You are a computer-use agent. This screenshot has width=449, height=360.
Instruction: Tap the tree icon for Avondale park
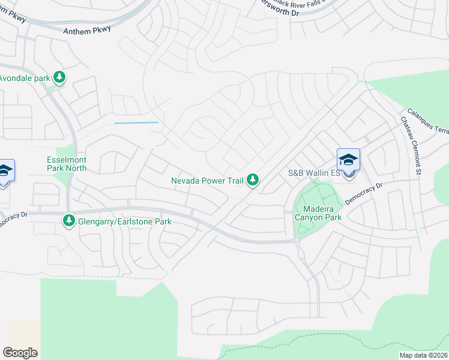coord(59,77)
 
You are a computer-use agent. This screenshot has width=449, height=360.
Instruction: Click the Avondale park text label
coord(25,78)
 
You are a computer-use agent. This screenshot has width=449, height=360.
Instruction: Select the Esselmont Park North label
coord(67,164)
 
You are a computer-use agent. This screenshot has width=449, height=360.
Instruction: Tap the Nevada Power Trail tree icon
coord(253,179)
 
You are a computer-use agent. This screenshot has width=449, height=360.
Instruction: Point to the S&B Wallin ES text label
coord(314,173)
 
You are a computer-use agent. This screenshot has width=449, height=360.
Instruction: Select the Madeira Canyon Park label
coord(318,213)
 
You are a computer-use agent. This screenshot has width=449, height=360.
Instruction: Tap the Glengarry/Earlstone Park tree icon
coord(69,221)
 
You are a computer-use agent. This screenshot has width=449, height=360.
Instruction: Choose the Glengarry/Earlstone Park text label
coord(125,221)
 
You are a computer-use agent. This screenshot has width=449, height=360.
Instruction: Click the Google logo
coord(20,352)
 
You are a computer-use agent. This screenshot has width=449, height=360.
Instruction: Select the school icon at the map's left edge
coord(5,172)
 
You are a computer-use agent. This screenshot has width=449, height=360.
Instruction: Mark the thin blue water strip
coord(136,123)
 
